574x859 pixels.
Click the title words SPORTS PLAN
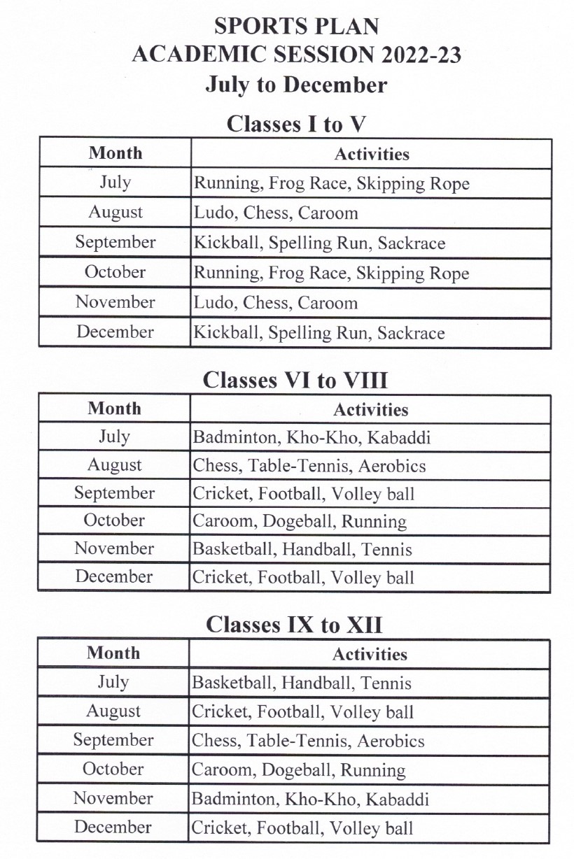(296, 27)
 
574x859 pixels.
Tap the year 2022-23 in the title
(421, 55)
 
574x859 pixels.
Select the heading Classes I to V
(296, 125)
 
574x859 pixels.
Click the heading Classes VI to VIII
(295, 381)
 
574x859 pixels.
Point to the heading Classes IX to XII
(294, 625)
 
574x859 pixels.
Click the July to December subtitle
(296, 85)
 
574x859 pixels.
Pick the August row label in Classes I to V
(115, 213)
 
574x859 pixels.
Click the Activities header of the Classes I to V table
(372, 154)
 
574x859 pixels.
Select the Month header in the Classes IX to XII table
(113, 653)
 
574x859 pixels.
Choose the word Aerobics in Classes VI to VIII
(396, 466)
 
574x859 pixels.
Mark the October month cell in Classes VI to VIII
(114, 521)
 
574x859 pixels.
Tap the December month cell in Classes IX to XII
(113, 828)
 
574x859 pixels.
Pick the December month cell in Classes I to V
(115, 332)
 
